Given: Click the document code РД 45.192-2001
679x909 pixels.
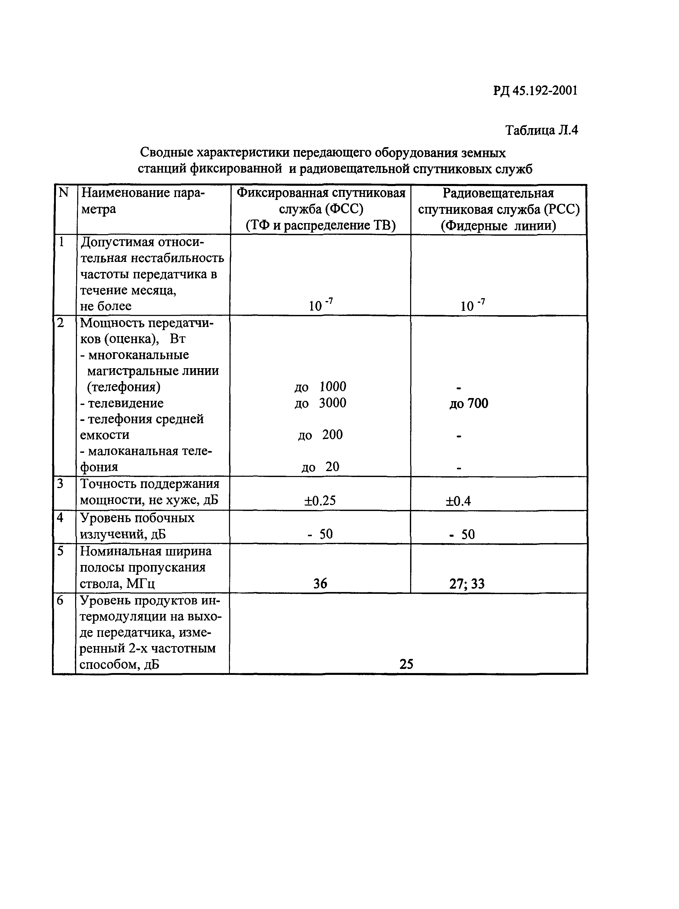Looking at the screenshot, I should pos(535,90).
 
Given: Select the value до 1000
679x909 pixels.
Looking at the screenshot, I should pos(320,387).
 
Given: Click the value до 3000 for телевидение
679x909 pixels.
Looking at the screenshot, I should pos(320,403).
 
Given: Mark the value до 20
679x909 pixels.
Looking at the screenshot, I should pos(320,467).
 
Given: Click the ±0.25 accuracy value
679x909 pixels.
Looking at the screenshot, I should pos(320,500).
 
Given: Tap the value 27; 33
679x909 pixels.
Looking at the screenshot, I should pos(467,584).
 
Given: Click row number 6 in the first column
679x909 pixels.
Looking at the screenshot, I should pos(60,601).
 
